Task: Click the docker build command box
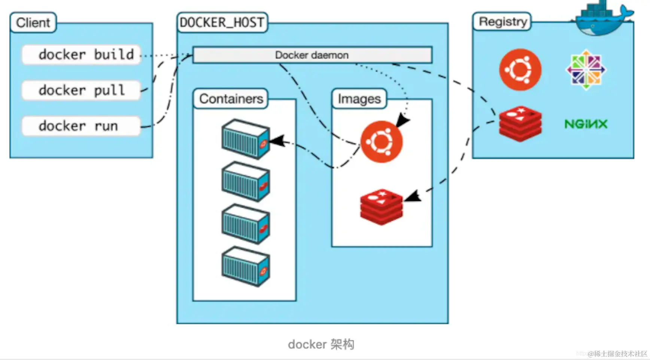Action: point(81,55)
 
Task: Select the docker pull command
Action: point(81,91)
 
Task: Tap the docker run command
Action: point(81,126)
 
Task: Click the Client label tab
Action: point(33,23)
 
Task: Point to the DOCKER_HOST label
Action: point(222,23)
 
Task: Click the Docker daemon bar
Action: point(312,55)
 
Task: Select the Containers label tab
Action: point(231,99)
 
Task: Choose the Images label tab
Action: point(359,99)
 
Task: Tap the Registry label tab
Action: point(502,22)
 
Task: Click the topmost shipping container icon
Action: point(246,139)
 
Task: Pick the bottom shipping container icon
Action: point(246,266)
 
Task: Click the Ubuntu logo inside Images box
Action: point(382,142)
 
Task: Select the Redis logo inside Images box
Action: point(382,207)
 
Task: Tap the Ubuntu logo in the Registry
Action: point(520,70)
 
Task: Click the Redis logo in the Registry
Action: point(520,124)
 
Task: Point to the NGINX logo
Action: point(586,124)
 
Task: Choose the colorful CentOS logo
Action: point(586,70)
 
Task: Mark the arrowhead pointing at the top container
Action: point(277,141)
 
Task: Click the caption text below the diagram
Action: point(321,344)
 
